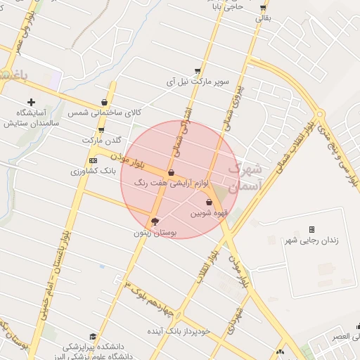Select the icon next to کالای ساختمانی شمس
pos(105,102)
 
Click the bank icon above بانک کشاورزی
pos(91,161)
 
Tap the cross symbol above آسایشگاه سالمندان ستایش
pos(31,102)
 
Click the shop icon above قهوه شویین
pos(208,202)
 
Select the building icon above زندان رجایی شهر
pos(311,230)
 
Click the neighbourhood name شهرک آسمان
pos(245,177)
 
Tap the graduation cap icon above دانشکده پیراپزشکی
pos(92,337)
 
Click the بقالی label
pos(261,18)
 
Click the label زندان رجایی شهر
pos(311,240)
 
